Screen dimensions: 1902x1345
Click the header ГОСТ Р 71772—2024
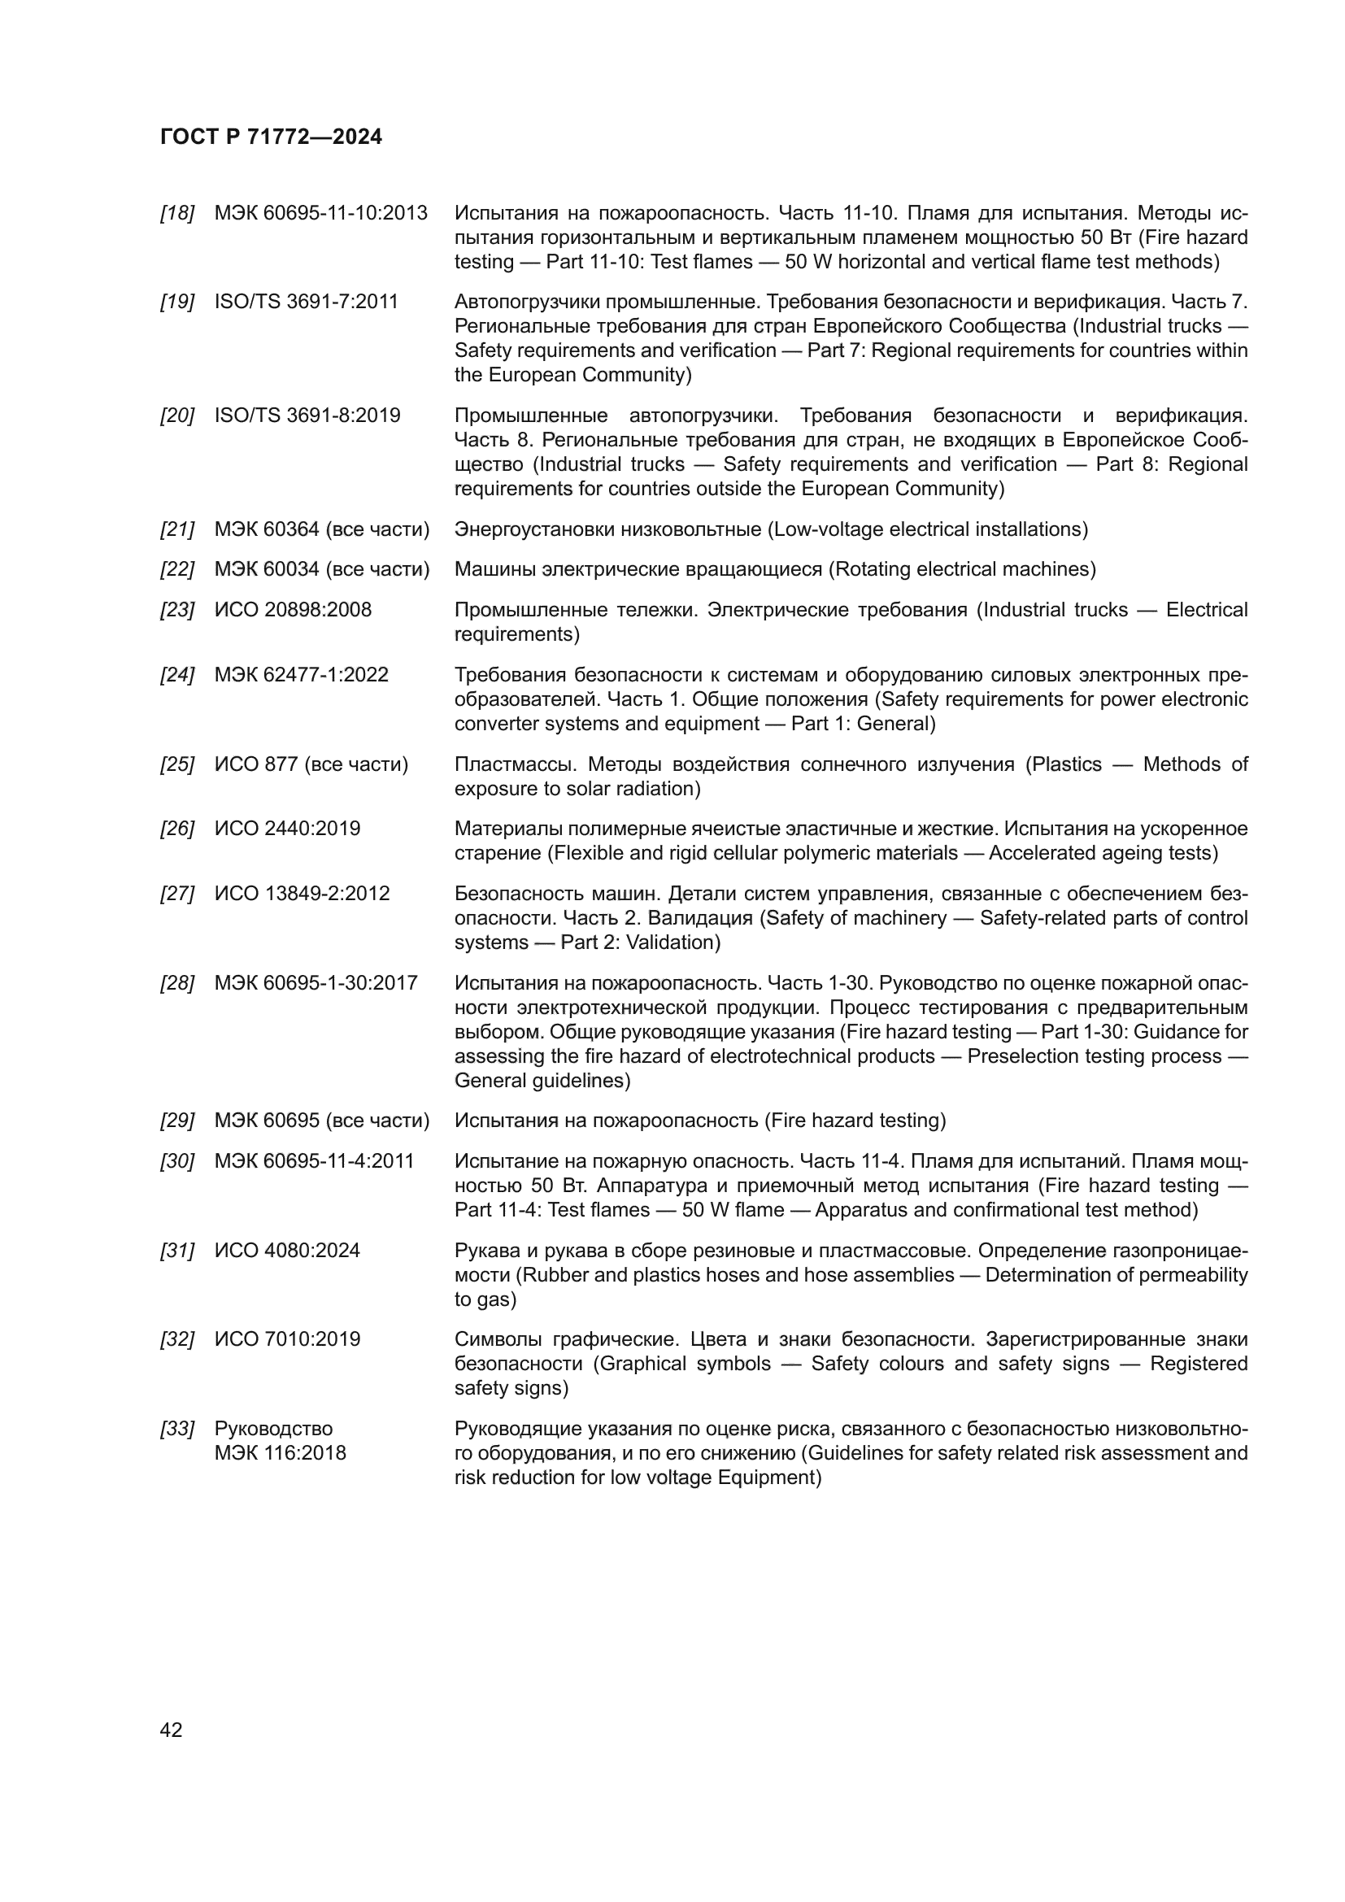coord(271,137)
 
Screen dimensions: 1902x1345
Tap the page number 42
coord(171,1730)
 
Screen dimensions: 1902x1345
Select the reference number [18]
coord(176,213)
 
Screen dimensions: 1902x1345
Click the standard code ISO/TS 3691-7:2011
coord(307,302)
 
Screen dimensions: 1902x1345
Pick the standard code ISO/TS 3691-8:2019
coord(307,415)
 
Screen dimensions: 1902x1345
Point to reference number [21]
coord(176,529)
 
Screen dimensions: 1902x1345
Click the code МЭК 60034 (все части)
coord(322,569)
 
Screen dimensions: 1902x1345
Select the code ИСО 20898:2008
coord(294,610)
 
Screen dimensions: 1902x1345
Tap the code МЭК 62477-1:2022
coord(302,674)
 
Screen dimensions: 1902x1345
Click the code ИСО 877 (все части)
coord(311,764)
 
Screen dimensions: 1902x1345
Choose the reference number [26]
coord(176,829)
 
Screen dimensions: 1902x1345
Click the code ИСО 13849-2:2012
coord(303,893)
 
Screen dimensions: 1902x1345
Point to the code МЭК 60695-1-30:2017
coord(316,983)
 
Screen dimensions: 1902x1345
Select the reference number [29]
coord(176,1121)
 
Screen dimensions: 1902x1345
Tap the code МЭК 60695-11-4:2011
coord(315,1161)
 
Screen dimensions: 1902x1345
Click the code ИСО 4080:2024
coord(287,1250)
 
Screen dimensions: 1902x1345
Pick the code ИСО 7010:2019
coord(287,1339)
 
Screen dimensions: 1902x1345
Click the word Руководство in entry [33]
coord(273,1429)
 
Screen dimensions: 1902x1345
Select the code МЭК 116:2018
coord(280,1453)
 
